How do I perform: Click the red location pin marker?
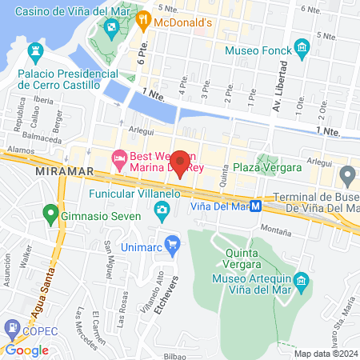pos(180,162)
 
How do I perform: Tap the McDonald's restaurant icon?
pos(143,19)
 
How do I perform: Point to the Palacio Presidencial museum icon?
pos(35,53)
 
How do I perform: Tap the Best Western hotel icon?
pos(119,158)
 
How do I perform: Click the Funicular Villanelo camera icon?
pos(162,210)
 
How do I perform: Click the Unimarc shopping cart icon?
pos(170,242)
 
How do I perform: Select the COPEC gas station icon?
pos(13,327)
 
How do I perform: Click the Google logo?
pos(26,350)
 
